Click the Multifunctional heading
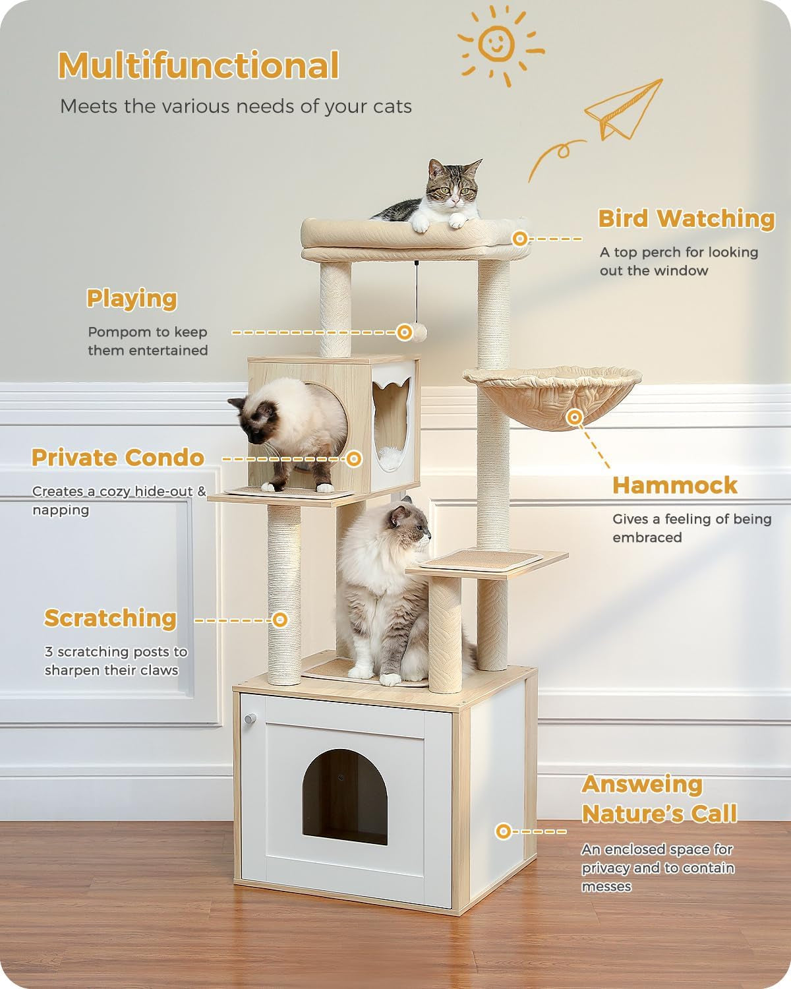(198, 66)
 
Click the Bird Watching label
(686, 219)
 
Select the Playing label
(132, 299)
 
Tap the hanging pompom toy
(405, 332)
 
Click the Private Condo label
(118, 458)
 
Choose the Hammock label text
(675, 486)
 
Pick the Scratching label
(110, 618)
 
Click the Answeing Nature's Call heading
(659, 799)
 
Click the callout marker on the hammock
(575, 417)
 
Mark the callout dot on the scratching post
(280, 620)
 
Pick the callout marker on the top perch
(521, 239)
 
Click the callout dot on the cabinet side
(504, 831)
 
